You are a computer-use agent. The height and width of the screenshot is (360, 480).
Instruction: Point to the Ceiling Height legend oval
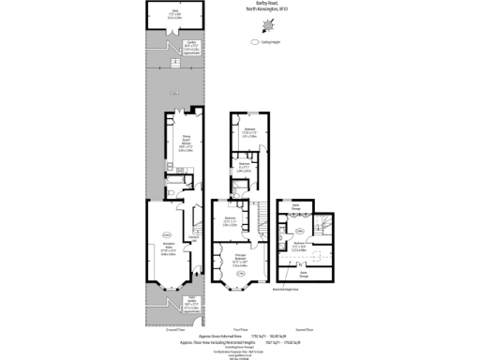[254, 42]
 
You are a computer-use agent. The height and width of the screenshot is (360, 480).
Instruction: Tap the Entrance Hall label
[193, 239]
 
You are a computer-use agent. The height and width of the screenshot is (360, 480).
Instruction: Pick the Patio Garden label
[167, 305]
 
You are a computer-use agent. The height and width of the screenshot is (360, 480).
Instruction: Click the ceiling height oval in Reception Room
[168, 233]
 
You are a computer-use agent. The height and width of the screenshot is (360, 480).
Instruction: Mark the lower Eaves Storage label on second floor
[302, 274]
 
